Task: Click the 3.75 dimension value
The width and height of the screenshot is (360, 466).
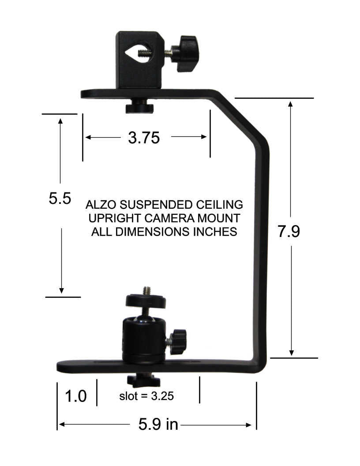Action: [x=143, y=138]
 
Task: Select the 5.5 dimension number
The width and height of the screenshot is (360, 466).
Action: [x=60, y=198]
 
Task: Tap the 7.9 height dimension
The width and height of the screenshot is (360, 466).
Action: [x=289, y=232]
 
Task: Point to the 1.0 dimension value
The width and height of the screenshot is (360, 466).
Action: [x=75, y=396]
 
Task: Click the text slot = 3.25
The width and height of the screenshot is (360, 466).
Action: [x=146, y=396]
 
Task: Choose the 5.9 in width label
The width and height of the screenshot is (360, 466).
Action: [x=158, y=425]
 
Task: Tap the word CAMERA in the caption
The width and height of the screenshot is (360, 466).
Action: [x=156, y=218]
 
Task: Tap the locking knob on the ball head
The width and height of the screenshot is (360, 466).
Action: [x=178, y=341]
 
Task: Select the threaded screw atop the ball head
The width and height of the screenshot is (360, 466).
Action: [x=146, y=292]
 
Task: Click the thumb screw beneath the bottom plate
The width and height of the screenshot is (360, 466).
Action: [x=143, y=380]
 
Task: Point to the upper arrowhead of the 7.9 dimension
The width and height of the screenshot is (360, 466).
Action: [x=290, y=104]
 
